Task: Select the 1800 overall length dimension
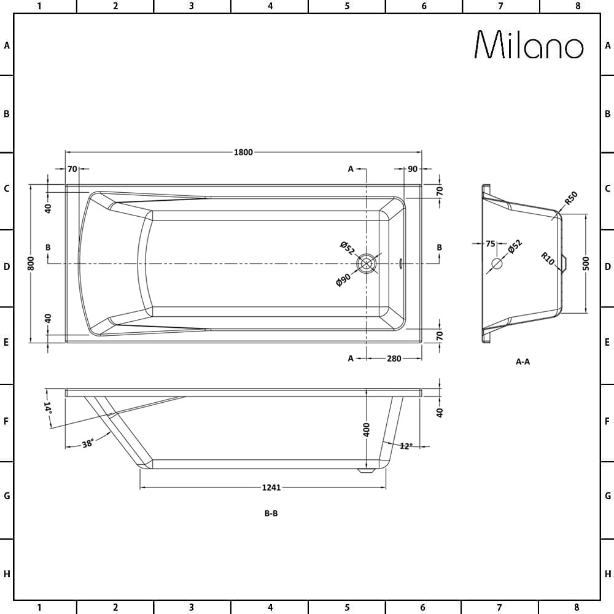[243, 153]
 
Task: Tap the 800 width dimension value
[31, 263]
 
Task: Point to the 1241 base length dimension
[271, 488]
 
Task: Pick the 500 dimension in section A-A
[586, 263]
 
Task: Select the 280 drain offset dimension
[394, 359]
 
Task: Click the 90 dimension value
[412, 169]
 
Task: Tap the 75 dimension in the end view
[490, 244]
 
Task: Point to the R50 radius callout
[570, 199]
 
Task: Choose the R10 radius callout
[548, 258]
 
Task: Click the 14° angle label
[48, 407]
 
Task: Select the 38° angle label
[87, 444]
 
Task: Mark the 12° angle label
[405, 446]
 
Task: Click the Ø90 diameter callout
[343, 280]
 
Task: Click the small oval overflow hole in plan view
[401, 263]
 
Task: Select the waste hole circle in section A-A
[497, 264]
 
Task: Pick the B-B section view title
[271, 514]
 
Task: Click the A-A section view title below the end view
[523, 362]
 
